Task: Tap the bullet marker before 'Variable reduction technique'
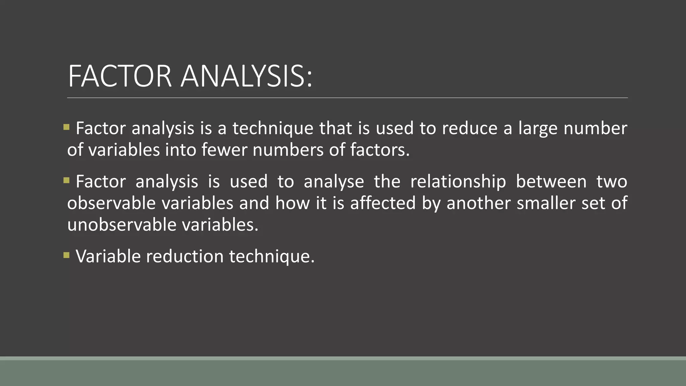66,256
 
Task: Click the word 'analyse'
334,182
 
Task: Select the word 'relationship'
458,182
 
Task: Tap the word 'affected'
383,203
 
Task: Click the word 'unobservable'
122,224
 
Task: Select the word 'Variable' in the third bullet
108,256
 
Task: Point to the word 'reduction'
185,256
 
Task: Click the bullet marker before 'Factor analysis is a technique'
66,127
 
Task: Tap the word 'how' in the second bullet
292,203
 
